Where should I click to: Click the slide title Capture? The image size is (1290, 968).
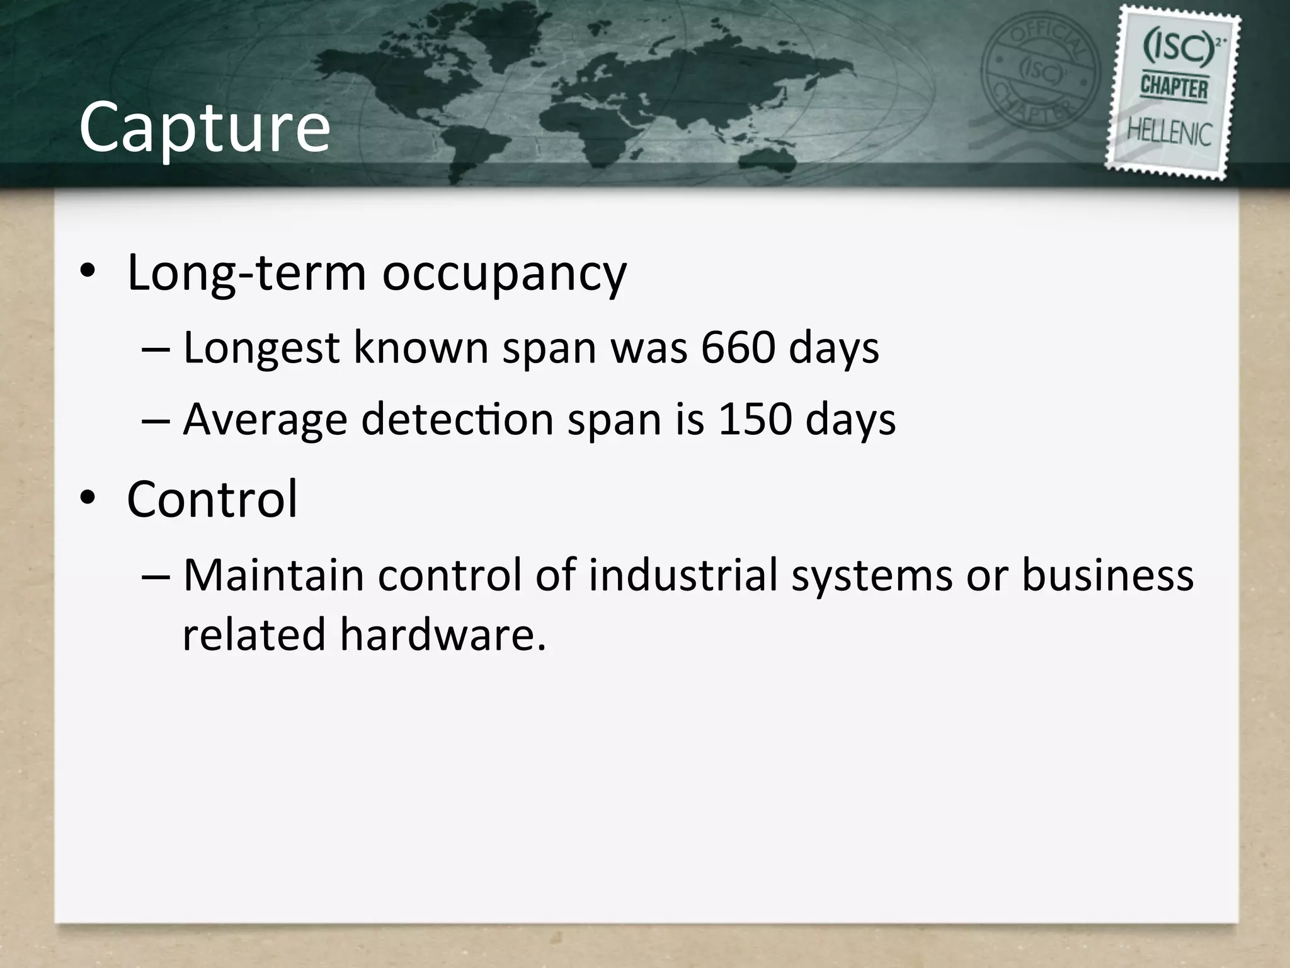(x=204, y=128)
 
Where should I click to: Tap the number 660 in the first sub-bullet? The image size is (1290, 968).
(x=738, y=349)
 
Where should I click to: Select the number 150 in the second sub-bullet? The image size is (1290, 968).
(x=754, y=420)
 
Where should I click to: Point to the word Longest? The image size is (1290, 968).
(x=261, y=349)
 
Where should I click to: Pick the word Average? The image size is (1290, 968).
(x=265, y=420)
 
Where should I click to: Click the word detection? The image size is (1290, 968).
(x=457, y=420)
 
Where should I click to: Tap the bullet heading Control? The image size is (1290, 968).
(x=212, y=499)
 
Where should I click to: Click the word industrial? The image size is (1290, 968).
(x=683, y=575)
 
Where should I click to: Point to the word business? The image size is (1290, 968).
(x=1107, y=575)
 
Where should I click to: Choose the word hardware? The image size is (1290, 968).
(x=442, y=634)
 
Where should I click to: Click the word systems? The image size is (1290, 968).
(x=872, y=577)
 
